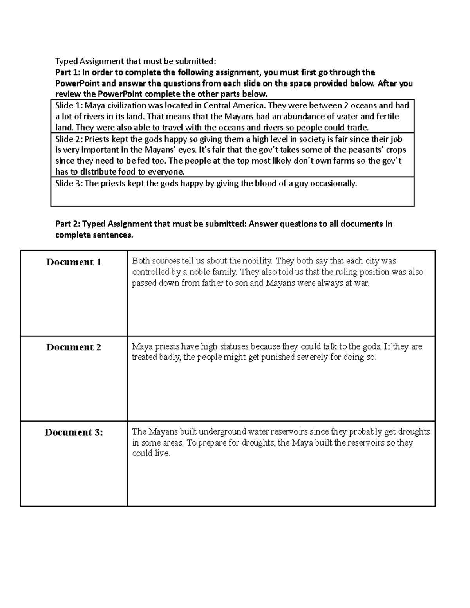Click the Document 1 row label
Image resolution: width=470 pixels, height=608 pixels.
[74, 262]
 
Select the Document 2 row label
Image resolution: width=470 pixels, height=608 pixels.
[74, 347]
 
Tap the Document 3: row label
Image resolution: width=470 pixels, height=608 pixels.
[74, 432]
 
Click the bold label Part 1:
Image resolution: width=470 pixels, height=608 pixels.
[67, 72]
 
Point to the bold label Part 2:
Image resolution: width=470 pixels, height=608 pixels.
[68, 224]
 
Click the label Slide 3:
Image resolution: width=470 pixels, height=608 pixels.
[69, 184]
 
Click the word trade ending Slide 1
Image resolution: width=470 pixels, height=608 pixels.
[358, 128]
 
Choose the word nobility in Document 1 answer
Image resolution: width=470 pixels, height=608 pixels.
[257, 261]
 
